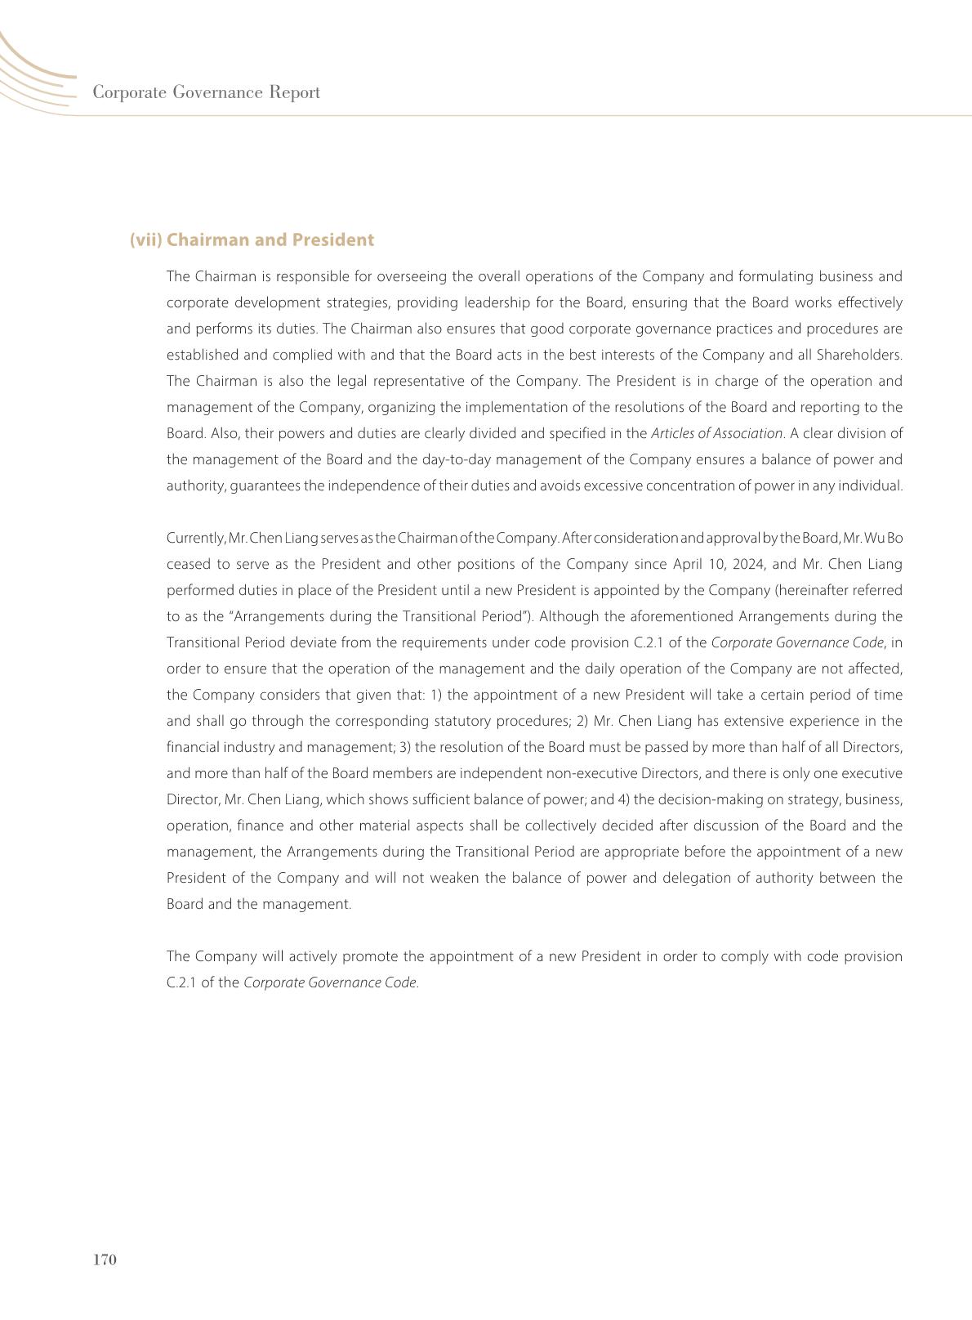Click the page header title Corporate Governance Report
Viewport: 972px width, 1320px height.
206,92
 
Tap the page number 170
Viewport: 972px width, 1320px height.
105,1260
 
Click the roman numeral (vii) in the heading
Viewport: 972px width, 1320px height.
146,240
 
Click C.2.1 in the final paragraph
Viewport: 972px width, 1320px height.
181,982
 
